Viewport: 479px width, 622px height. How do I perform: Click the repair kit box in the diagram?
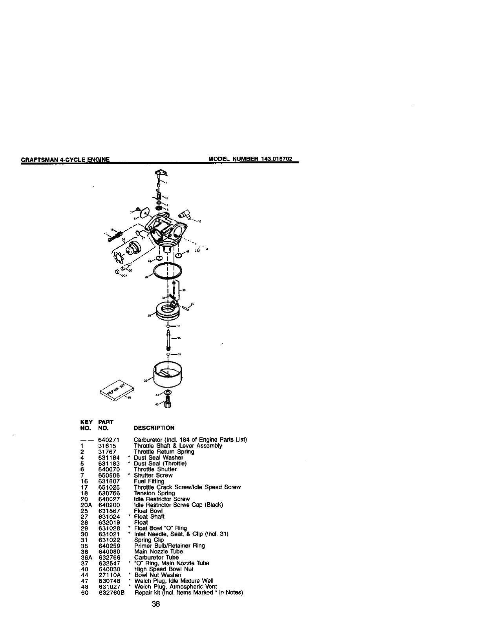point(117,390)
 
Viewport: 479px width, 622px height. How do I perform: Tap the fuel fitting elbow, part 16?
point(185,214)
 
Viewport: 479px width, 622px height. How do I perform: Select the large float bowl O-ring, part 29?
point(168,272)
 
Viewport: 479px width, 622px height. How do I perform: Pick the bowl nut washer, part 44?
point(168,393)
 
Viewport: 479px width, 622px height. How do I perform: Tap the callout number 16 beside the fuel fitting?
point(199,222)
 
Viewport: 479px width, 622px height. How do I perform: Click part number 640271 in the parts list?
point(109,440)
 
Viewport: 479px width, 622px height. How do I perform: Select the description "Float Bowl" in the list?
point(148,511)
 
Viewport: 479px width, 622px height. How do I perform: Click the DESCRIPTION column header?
point(154,428)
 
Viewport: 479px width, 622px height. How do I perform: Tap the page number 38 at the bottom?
point(156,605)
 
